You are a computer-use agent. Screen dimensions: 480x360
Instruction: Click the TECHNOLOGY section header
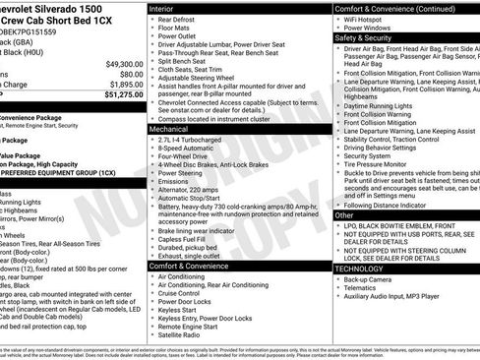click(359, 268)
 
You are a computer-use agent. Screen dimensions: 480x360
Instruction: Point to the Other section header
click(344, 214)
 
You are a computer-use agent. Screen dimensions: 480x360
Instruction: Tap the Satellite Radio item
click(183, 336)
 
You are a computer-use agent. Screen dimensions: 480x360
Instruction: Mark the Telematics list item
click(361, 288)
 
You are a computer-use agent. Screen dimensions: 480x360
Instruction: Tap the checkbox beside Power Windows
click(337, 28)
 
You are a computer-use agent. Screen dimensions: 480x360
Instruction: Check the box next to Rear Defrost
click(150, 20)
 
